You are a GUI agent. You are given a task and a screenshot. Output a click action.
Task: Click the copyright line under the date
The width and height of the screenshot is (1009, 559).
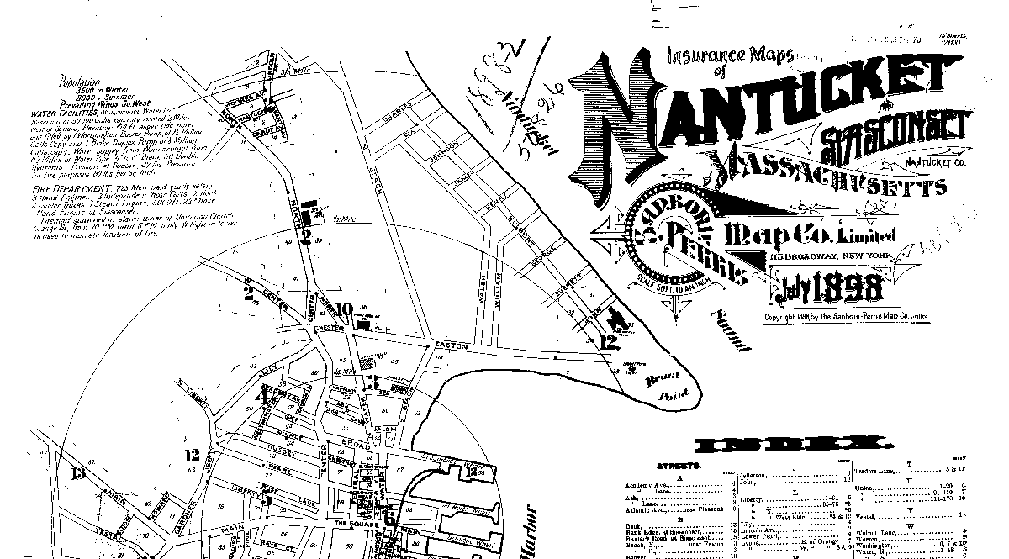[x=845, y=317]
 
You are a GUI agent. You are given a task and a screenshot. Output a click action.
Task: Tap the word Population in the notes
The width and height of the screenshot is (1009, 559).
[x=81, y=82]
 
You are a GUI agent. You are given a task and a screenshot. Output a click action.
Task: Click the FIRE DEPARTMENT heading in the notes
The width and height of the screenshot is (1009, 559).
[x=66, y=187]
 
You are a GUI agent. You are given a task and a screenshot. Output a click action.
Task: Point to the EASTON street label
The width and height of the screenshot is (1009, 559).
[x=450, y=345]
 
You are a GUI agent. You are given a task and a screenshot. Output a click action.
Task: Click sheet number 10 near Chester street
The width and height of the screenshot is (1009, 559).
[x=343, y=308]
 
